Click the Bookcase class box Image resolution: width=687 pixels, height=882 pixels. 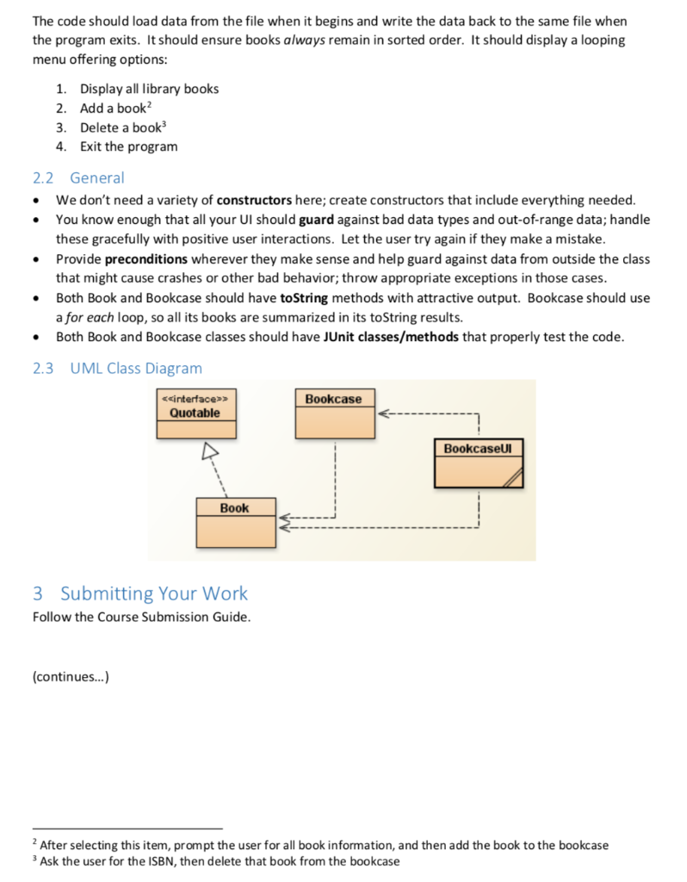pos(334,413)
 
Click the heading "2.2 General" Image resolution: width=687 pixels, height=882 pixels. pos(78,178)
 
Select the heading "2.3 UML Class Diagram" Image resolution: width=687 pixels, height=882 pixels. pos(117,369)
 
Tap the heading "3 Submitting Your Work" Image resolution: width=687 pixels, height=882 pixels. pos(139,593)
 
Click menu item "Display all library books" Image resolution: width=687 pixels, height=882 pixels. pos(150,89)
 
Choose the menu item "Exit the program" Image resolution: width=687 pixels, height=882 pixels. pos(129,146)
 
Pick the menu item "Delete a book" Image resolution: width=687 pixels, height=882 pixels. pos(120,127)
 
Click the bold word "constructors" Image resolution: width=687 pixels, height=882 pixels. pos(257,200)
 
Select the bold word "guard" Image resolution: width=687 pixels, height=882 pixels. pos(316,219)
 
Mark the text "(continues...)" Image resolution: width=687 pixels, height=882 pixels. pos(71,676)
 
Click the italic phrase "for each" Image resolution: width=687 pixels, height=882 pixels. pos(91,317)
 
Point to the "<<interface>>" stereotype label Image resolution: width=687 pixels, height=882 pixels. pos(195,399)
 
